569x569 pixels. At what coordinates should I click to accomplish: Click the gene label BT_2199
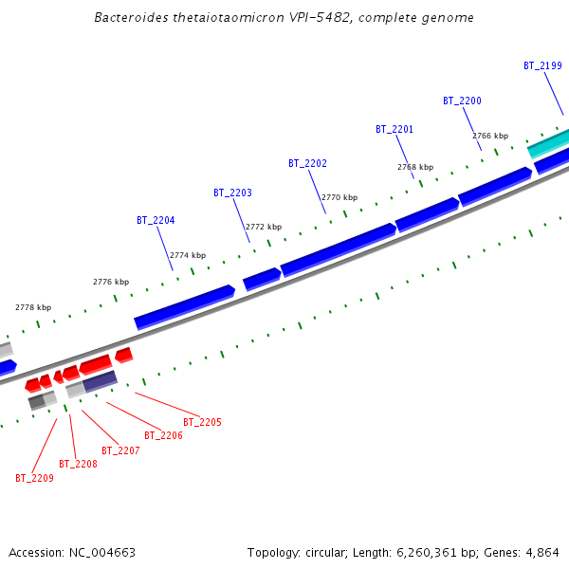pyautogui.click(x=542, y=66)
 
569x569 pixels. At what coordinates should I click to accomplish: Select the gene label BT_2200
pyautogui.click(x=462, y=101)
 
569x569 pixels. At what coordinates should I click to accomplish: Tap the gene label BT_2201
pyautogui.click(x=395, y=129)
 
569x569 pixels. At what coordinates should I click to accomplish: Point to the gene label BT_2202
pyautogui.click(x=307, y=163)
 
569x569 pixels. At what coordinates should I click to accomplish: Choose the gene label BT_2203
pyautogui.click(x=232, y=193)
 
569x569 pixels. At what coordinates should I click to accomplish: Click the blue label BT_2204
pyautogui.click(x=156, y=220)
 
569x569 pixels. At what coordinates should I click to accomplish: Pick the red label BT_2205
pyautogui.click(x=202, y=422)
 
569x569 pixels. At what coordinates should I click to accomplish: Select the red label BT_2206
pyautogui.click(x=163, y=435)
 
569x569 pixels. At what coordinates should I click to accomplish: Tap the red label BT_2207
pyautogui.click(x=120, y=450)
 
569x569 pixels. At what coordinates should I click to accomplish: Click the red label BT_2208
pyautogui.click(x=78, y=464)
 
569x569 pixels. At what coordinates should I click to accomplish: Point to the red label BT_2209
pyautogui.click(x=34, y=478)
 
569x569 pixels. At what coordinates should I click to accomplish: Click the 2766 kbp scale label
pyautogui.click(x=490, y=137)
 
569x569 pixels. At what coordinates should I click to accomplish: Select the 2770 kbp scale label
pyautogui.click(x=340, y=197)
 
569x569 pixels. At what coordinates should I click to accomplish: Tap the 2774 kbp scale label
pyautogui.click(x=188, y=255)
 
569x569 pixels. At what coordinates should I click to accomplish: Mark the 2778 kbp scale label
pyautogui.click(x=33, y=307)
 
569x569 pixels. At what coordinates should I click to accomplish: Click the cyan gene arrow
pyautogui.click(x=548, y=143)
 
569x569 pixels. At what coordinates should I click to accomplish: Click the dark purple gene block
pyautogui.click(x=100, y=381)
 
